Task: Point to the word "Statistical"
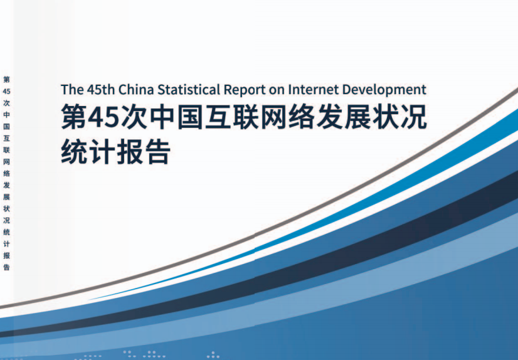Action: coord(189,90)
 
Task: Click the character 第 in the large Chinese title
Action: coord(74,117)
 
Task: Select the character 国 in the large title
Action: coord(190,117)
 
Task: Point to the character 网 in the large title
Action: coord(274,117)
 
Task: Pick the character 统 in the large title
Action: coord(74,152)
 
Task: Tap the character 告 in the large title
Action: coord(158,152)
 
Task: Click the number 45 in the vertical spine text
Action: coord(7,91)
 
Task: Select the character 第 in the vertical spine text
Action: coord(7,80)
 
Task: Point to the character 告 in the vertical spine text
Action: coord(7,267)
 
